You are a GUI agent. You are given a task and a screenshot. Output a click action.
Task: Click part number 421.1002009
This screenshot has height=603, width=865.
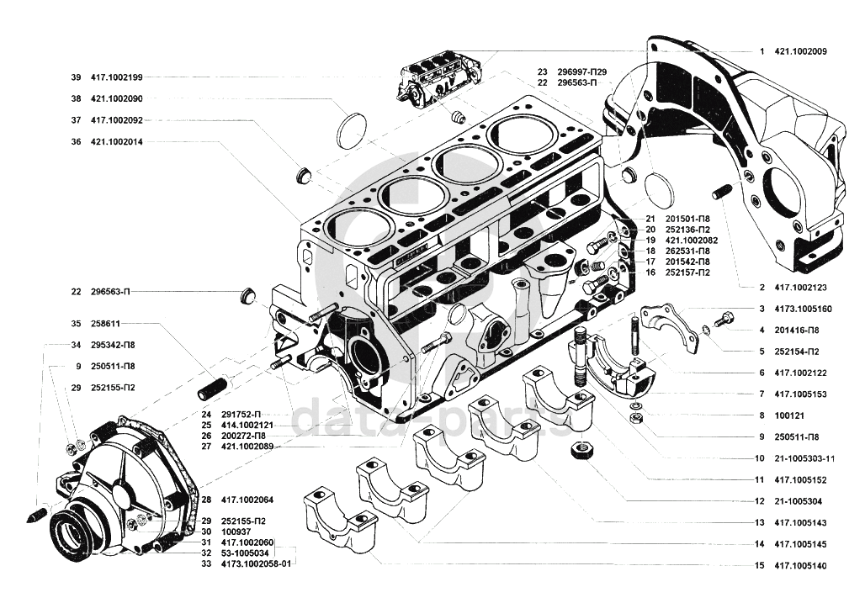[x=800, y=51]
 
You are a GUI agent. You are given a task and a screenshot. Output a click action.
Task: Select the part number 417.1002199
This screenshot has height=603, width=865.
[x=116, y=77]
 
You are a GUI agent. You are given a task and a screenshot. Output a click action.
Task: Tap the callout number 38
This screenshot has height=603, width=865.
[x=76, y=98]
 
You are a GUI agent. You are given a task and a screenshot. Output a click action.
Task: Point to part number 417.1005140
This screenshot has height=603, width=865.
[x=800, y=565]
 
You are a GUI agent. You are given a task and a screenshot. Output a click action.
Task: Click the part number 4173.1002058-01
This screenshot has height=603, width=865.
[x=256, y=563]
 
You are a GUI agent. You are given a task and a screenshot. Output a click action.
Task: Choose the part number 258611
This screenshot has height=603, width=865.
[x=105, y=324]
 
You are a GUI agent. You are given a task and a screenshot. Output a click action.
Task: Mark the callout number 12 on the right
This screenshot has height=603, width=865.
[x=760, y=501]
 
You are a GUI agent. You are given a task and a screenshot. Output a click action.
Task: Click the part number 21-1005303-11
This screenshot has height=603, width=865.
[x=804, y=458]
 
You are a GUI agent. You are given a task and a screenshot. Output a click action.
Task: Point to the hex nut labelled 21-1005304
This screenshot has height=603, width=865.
[x=580, y=449]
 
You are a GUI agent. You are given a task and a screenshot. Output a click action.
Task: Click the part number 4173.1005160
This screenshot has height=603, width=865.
[x=804, y=309]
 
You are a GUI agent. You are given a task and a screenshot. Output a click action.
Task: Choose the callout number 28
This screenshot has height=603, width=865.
[x=206, y=500]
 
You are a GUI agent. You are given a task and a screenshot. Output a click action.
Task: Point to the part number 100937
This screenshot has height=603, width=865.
[x=236, y=532]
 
